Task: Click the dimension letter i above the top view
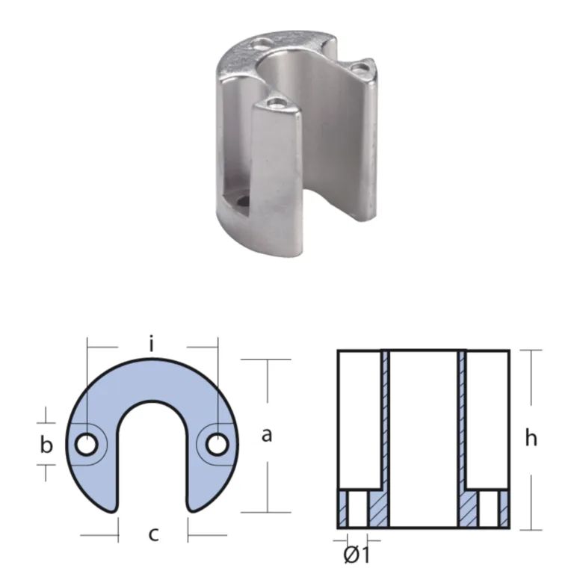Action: point(152,345)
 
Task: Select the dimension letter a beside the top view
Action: point(267,435)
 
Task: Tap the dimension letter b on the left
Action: point(46,445)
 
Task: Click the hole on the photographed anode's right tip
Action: point(360,69)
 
